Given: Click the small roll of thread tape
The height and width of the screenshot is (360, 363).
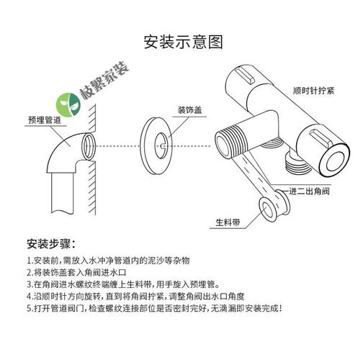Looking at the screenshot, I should pyautogui.click(x=270, y=211).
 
